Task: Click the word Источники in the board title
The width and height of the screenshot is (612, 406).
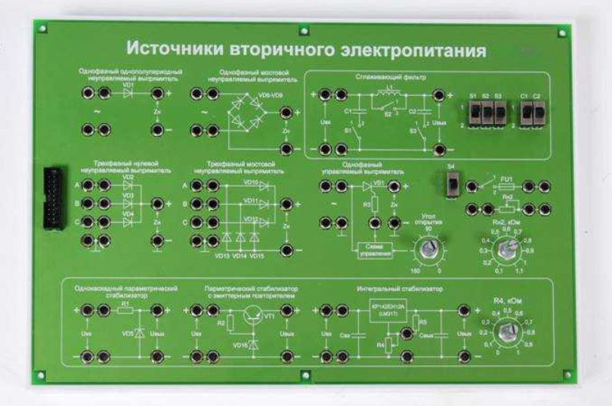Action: coord(169,49)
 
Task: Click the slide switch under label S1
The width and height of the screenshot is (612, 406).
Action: coord(475,113)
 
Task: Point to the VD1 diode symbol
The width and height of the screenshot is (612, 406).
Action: coord(126,94)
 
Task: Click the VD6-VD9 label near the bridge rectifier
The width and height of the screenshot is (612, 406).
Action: coord(267,96)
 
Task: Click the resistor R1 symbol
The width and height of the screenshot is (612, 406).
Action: coord(125,310)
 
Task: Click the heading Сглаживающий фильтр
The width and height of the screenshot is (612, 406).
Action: coord(380,77)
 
